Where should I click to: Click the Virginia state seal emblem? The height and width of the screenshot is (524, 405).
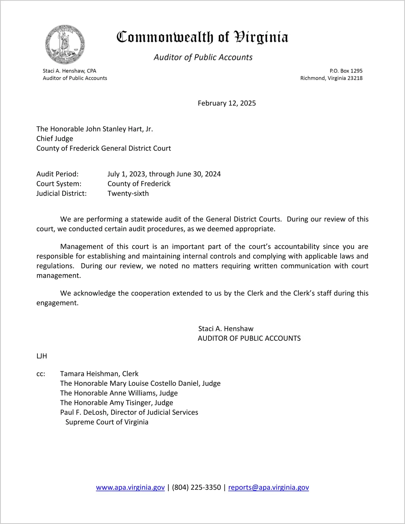(65, 45)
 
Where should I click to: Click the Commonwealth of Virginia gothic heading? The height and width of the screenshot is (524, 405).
(202, 37)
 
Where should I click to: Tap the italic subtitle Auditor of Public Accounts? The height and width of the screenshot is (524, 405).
(203, 57)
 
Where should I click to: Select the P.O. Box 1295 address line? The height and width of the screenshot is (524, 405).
(346, 71)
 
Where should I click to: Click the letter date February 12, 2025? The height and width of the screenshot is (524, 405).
(227, 103)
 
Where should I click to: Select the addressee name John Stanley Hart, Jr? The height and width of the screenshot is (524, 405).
(119, 129)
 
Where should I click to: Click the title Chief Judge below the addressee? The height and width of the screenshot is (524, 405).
(55, 139)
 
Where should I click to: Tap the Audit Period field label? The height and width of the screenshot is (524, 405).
(57, 174)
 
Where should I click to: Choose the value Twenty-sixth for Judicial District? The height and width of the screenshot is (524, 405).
(128, 193)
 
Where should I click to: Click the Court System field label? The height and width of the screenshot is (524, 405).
(59, 184)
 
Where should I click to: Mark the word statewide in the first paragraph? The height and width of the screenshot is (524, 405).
(146, 219)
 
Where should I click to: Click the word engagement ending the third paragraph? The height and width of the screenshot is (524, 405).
(57, 303)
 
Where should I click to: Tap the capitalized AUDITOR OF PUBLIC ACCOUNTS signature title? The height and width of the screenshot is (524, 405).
(249, 338)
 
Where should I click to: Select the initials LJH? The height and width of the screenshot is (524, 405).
(42, 356)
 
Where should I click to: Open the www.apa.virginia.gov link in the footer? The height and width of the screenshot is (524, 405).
(130, 487)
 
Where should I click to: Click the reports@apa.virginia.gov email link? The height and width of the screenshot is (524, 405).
(268, 487)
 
